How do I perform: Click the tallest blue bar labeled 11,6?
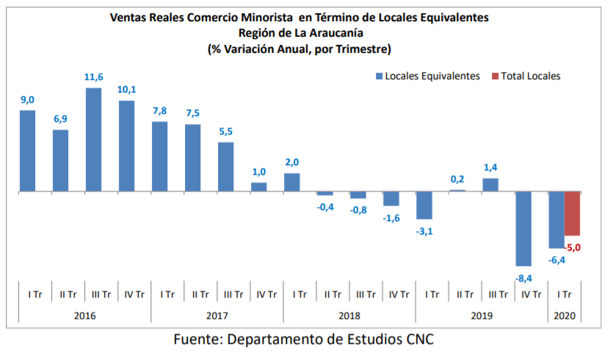(x=93, y=140)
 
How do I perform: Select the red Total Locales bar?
(x=573, y=213)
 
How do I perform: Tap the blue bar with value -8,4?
(x=523, y=228)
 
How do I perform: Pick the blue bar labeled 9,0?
(x=27, y=151)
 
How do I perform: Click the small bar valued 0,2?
(x=457, y=190)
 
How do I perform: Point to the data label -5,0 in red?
(x=573, y=247)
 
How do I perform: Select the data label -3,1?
(x=424, y=231)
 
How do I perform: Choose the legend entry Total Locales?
(x=526, y=76)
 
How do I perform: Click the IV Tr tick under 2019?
(x=531, y=295)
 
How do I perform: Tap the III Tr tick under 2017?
(x=233, y=295)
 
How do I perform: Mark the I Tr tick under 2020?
(x=565, y=295)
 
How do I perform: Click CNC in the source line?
(x=421, y=340)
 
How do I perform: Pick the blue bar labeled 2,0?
(x=291, y=182)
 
